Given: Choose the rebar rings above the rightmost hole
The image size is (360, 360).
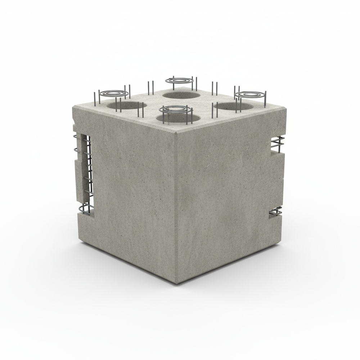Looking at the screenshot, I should tap(250, 95).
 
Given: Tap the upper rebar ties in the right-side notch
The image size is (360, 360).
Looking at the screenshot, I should tap(276, 144).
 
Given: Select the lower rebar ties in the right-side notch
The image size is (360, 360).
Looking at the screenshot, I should tap(276, 213).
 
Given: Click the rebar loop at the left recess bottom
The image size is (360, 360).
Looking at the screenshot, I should tap(85, 209).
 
